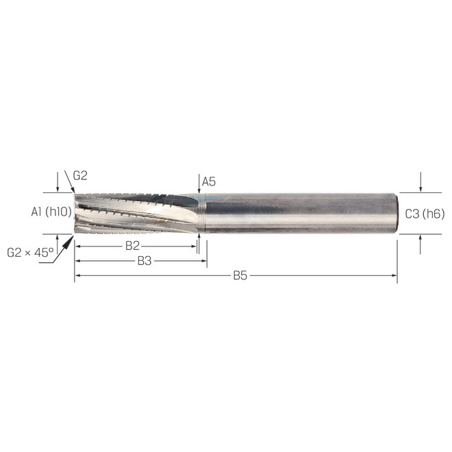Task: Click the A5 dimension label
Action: tap(209, 181)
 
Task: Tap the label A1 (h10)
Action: tap(51, 212)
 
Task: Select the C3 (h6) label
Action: tap(425, 214)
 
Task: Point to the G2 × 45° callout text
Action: tap(30, 253)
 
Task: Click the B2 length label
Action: tap(133, 246)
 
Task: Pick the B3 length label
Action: tap(145, 261)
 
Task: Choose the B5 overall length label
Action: tap(240, 275)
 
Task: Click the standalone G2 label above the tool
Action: tap(80, 175)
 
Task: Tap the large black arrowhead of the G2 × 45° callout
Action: tap(67, 242)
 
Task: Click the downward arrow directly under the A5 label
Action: tap(199, 184)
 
